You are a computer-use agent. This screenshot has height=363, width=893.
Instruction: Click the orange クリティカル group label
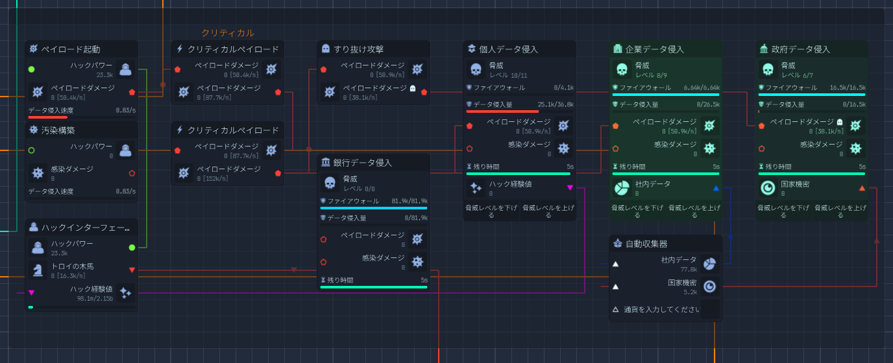coord(227,32)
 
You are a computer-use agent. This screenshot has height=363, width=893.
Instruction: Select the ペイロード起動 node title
coord(71,49)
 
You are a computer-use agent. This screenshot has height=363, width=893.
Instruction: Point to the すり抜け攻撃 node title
coord(358,49)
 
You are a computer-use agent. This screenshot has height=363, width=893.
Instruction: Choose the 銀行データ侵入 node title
coord(363,163)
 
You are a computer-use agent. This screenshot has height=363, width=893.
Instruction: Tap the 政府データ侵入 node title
coord(800,49)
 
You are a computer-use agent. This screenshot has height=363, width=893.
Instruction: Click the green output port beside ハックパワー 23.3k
coord(132,248)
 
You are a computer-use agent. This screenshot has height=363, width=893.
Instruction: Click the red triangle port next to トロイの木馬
coord(132,270)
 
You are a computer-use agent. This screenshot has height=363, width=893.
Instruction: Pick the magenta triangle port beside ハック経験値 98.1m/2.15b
coord(31,292)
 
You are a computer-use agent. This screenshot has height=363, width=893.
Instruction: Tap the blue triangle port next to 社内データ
coord(716,188)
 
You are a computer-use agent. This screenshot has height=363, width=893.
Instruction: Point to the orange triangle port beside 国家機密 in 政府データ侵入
coord(862,188)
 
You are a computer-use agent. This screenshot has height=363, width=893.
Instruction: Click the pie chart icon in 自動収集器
coord(709,264)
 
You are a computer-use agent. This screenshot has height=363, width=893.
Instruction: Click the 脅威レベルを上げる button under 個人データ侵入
coord(548,211)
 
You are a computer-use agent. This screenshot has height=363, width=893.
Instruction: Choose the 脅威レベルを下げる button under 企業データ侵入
coord(637,211)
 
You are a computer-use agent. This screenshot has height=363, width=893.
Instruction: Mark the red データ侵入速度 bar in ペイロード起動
coord(47,117)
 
